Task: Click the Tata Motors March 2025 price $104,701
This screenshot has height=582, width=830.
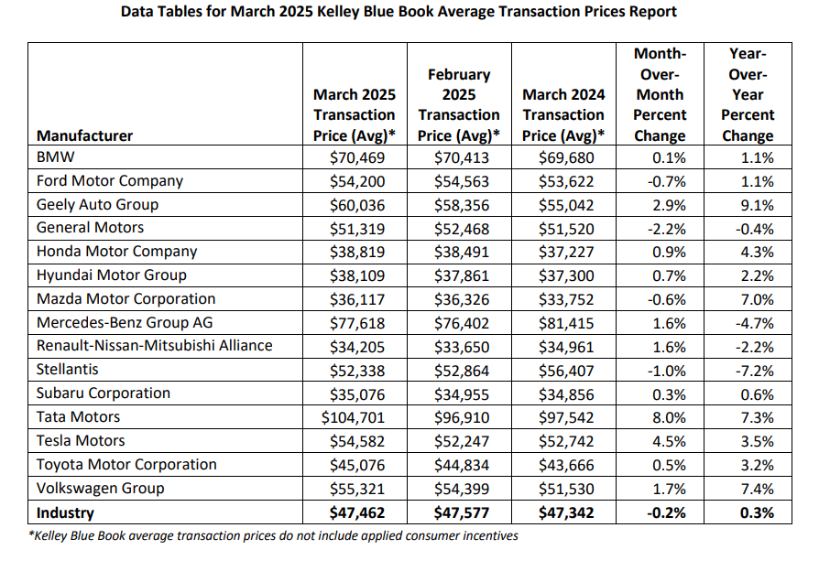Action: pyautogui.click(x=353, y=417)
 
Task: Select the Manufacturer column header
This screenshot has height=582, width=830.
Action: pyautogui.click(x=84, y=135)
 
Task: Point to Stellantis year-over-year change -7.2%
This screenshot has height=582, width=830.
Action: pyautogui.click(x=754, y=371)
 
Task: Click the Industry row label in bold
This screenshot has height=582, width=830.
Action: pyautogui.click(x=65, y=512)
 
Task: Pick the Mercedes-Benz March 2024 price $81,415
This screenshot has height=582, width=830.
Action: pyautogui.click(x=566, y=323)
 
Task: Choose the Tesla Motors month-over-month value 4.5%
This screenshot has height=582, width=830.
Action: pyautogui.click(x=669, y=441)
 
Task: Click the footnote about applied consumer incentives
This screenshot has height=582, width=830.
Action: pyautogui.click(x=273, y=535)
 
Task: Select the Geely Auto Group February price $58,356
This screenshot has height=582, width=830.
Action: pyautogui.click(x=462, y=205)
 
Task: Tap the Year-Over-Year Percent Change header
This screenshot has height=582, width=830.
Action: pyautogui.click(x=748, y=94)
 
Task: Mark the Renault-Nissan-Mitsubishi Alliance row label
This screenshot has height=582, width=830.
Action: pyautogui.click(x=155, y=345)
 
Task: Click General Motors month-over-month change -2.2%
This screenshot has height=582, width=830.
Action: pyautogui.click(x=666, y=229)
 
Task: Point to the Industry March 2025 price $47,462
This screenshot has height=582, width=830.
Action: pyautogui.click(x=357, y=512)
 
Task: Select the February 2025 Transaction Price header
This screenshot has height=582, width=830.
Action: pyautogui.click(x=459, y=105)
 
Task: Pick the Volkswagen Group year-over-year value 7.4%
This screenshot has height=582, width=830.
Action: pyautogui.click(x=757, y=489)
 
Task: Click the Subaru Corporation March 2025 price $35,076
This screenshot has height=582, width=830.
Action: pyautogui.click(x=357, y=394)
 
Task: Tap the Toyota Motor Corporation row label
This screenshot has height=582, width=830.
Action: pyautogui.click(x=126, y=465)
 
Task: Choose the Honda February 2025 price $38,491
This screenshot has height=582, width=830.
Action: pyautogui.click(x=462, y=253)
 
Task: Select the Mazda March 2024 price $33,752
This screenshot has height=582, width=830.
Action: pyautogui.click(x=566, y=300)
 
